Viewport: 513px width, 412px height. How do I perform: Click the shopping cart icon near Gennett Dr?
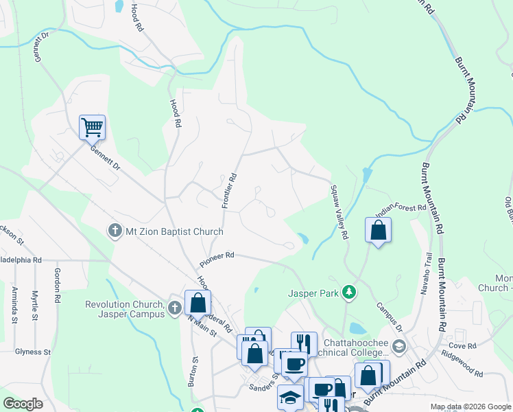click(x=92, y=127)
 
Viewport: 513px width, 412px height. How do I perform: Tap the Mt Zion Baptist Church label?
click(x=174, y=231)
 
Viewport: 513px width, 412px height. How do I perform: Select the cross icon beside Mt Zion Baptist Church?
click(x=116, y=231)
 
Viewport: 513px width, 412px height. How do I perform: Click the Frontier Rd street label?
click(x=229, y=190)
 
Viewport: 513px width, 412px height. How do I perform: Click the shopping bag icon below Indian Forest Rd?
click(x=378, y=230)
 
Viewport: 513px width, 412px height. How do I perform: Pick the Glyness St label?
click(x=33, y=352)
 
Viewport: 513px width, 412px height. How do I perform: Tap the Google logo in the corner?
click(x=23, y=404)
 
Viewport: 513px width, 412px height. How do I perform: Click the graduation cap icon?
click(x=290, y=398)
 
